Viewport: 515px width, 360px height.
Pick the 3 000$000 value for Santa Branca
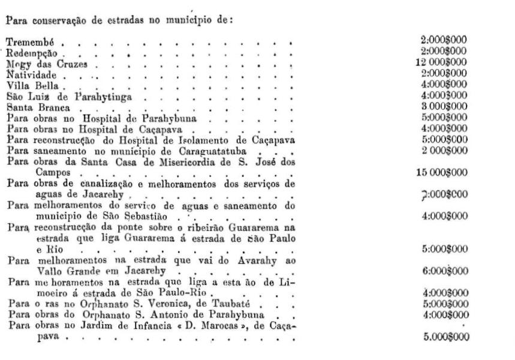pos(444,106)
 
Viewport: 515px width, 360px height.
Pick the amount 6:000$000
pos(444,270)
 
